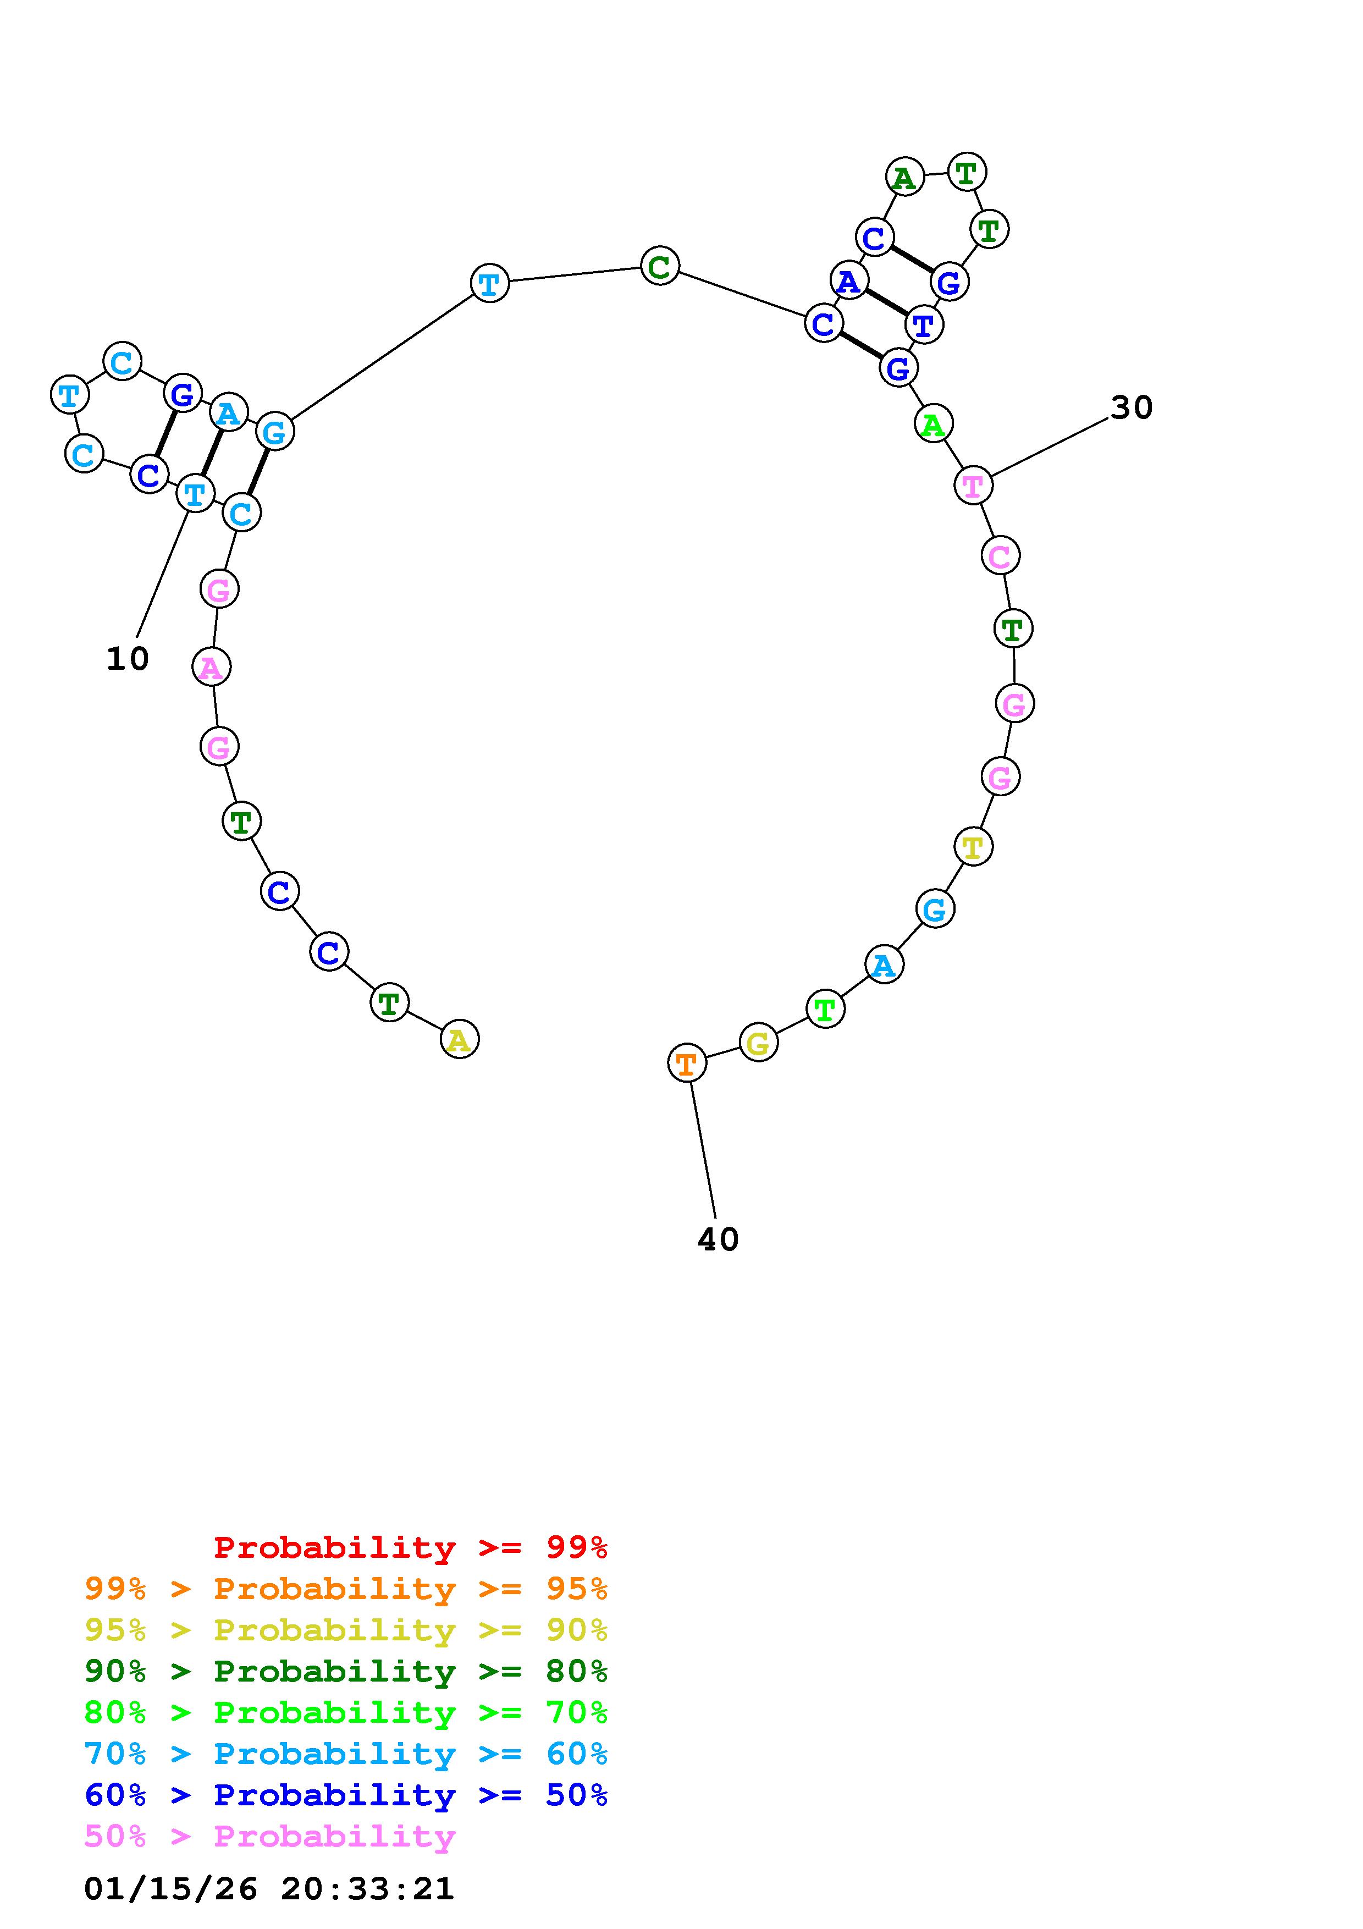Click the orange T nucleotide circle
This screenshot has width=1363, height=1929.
686,1063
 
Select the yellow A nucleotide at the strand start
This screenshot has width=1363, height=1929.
459,1040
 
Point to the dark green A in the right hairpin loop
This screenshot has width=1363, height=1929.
904,177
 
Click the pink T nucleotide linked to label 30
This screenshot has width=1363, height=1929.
973,486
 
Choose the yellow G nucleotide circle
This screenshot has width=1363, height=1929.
758,1044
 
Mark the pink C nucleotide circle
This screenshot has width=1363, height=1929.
1000,555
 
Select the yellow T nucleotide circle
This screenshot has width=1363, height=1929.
973,846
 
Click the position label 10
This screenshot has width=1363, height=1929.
128,659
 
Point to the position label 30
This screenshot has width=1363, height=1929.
1131,409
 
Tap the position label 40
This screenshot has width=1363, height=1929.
718,1240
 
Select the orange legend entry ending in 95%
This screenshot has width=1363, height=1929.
346,1589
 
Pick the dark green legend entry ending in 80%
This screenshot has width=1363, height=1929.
346,1671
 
